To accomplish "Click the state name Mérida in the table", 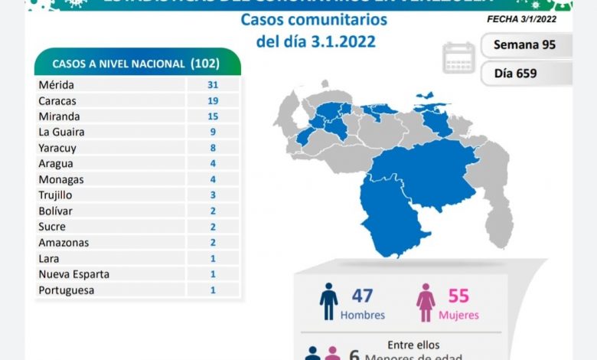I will coord(56,85).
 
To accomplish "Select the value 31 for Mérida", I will coord(213,85).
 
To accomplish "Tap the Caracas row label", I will coord(57,100).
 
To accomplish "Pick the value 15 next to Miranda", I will coord(213,116).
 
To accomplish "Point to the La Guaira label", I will coord(61,132).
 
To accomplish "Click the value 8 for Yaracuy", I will coord(213,148).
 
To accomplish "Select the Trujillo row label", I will coord(56,195).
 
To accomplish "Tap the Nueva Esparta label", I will coord(73,273).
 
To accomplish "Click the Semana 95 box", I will coord(525,44).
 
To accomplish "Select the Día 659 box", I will coord(525,74).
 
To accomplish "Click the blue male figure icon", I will coord(328,302).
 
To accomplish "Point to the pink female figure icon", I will coord(426,303).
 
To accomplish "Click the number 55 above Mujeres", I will coord(458,296).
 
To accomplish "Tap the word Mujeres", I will coord(458,315).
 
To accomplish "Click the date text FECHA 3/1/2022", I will coord(521,19).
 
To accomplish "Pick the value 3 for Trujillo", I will coord(213,195).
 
